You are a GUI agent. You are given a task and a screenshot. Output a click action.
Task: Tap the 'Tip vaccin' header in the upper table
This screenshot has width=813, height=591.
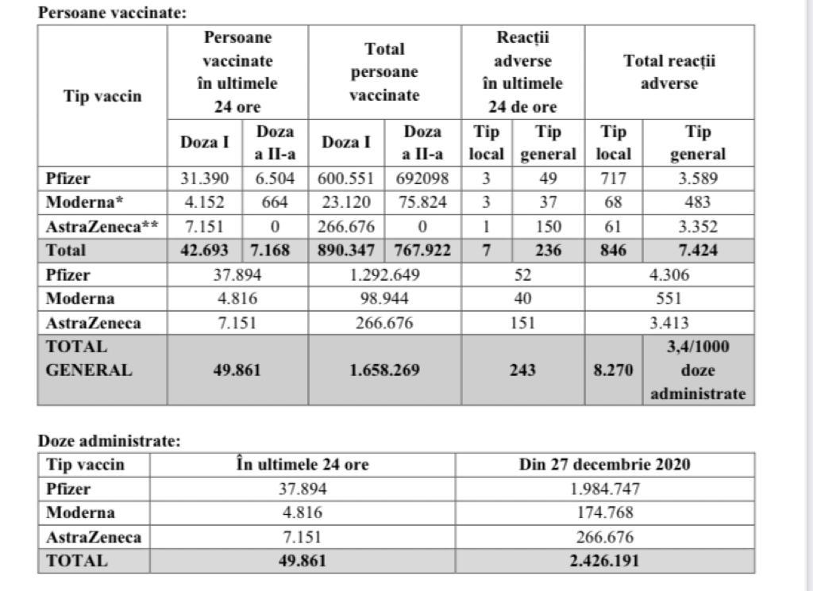point(102,96)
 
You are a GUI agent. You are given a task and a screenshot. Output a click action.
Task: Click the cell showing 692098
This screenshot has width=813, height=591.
point(422,179)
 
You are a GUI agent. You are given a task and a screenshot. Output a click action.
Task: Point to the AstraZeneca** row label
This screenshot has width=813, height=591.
point(102,226)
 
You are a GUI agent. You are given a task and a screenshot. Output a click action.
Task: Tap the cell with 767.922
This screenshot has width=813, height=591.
point(422,251)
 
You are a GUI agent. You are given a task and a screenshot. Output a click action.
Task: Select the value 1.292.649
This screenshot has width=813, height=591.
point(384,275)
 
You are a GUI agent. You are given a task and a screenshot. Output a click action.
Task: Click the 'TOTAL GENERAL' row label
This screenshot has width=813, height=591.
point(90,359)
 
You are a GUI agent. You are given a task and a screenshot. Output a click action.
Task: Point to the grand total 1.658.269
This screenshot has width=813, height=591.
point(384,370)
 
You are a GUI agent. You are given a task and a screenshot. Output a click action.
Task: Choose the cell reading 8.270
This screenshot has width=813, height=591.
point(614,370)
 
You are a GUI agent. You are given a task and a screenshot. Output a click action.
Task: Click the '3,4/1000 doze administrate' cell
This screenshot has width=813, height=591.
point(698,370)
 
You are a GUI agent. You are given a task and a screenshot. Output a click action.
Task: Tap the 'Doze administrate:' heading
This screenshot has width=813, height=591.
point(109,441)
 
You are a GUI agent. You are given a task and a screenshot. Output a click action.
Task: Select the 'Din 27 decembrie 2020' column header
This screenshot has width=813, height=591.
point(604,464)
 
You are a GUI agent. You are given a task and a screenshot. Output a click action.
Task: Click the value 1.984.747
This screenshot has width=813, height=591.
point(604,489)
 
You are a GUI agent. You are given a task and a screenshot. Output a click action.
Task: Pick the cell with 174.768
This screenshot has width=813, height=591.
point(604,512)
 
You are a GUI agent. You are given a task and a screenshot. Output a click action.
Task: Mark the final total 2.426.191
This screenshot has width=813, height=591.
point(604,561)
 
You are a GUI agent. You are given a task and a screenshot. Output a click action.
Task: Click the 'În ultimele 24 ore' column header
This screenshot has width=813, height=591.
point(302,464)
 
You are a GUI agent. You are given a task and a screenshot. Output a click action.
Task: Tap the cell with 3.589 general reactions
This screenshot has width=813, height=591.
point(698,179)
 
